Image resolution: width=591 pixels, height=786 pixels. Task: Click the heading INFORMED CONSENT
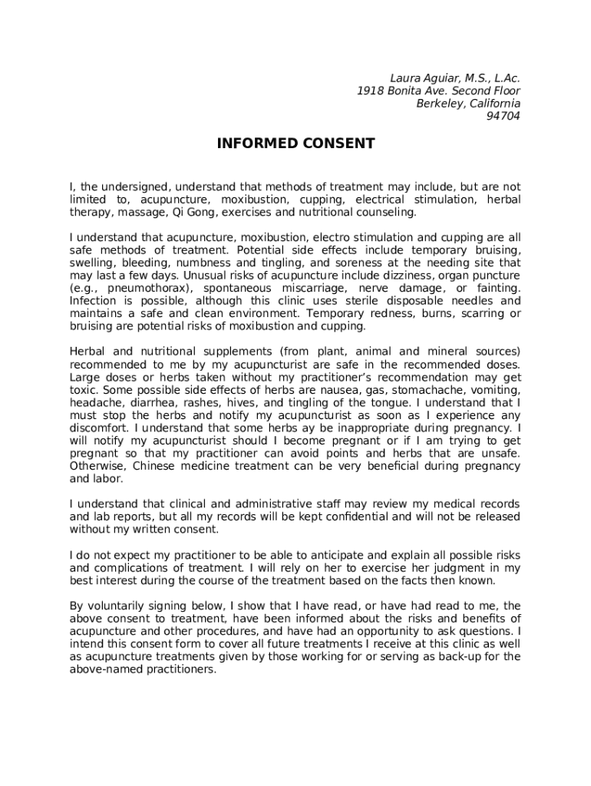click(x=295, y=144)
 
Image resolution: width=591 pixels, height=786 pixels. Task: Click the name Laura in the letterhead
click(x=407, y=78)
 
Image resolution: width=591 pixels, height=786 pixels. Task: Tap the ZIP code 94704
click(x=504, y=116)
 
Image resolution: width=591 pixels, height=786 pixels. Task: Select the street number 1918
click(x=371, y=91)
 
